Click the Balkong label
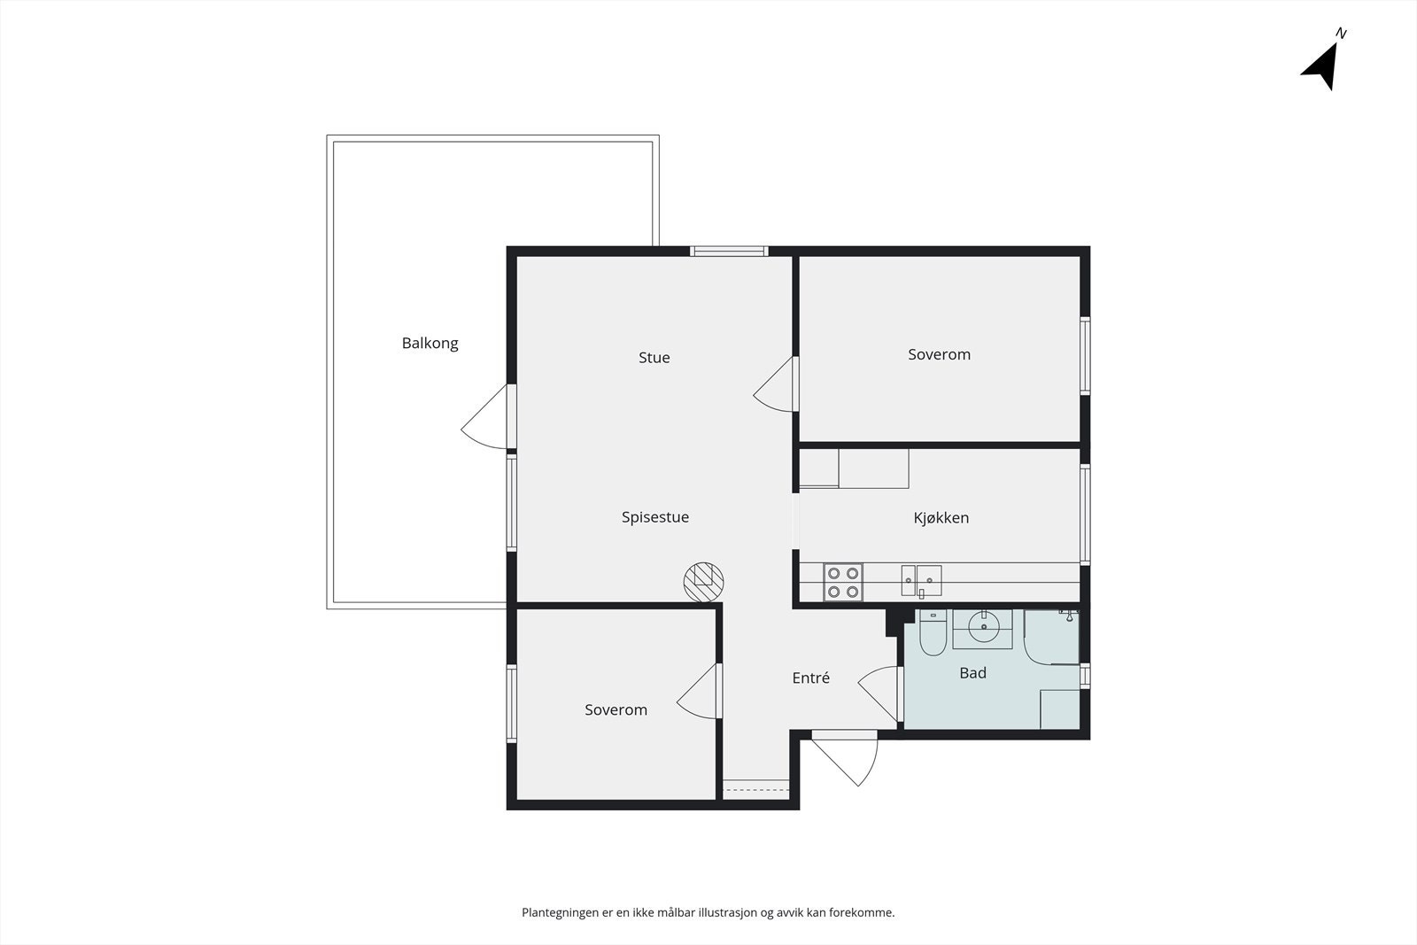point(430,343)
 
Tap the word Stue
point(654,358)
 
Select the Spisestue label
point(654,517)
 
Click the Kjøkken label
point(941,518)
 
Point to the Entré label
point(810,678)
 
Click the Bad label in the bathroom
point(972,673)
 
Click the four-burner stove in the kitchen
point(842,583)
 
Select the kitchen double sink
point(921,581)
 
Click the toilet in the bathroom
point(933,633)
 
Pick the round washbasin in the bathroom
point(983,628)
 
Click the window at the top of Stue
point(729,252)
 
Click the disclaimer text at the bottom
point(708,912)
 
